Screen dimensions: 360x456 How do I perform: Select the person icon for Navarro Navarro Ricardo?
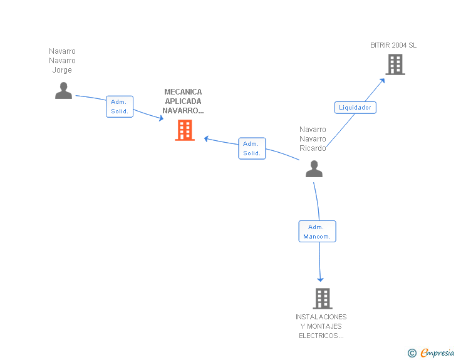point(314,168)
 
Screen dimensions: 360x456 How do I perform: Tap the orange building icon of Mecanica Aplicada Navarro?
point(185,130)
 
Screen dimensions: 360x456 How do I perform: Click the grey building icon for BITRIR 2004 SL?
point(395,64)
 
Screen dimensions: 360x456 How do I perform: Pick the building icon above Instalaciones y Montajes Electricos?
point(322,298)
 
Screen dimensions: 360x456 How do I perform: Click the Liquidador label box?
point(355,107)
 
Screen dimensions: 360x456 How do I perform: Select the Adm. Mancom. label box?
point(317,232)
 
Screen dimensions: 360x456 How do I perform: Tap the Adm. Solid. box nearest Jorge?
point(120,106)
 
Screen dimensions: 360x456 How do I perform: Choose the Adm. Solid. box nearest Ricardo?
point(252,148)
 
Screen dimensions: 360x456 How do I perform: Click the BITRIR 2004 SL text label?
point(393,45)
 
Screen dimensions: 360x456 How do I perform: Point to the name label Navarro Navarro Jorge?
point(62,61)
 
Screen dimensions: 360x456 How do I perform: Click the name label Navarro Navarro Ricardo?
point(313,139)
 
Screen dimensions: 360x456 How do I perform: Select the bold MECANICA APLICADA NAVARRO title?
point(183,101)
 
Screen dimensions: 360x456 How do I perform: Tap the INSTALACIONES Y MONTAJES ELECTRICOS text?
point(321,326)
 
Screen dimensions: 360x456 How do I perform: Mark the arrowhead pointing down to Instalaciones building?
point(321,279)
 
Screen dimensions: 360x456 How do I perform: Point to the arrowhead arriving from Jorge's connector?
point(161,118)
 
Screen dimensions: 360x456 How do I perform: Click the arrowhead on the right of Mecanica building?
point(206,139)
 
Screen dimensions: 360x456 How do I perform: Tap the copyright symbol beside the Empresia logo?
point(412,353)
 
